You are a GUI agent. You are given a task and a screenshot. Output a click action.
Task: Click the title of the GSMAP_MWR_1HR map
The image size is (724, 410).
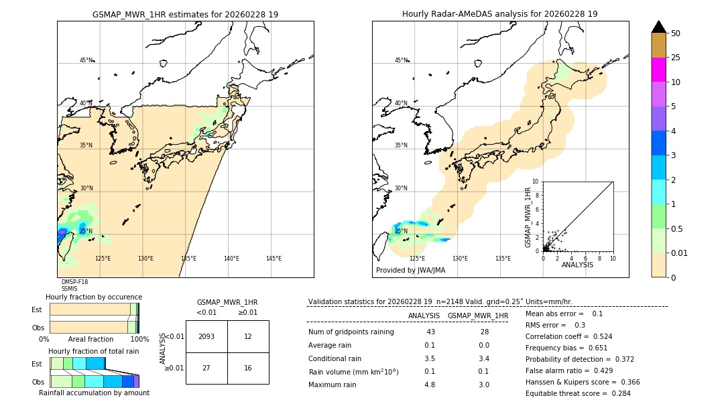[x=185, y=14]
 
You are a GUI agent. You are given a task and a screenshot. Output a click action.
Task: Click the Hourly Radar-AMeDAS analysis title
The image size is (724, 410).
[x=499, y=14]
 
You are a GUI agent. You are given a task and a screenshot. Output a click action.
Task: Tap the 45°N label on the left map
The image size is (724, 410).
[x=86, y=60]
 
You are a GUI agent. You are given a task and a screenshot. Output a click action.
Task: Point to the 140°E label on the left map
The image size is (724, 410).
[x=231, y=259]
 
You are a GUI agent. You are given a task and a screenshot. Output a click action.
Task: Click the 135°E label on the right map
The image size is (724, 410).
[x=503, y=259]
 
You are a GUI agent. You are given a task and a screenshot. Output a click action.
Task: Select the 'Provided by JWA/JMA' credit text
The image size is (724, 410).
[x=410, y=270]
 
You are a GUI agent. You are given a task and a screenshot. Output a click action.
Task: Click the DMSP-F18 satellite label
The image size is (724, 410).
[x=74, y=282]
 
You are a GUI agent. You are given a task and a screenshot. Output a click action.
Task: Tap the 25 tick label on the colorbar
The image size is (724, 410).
[x=676, y=58]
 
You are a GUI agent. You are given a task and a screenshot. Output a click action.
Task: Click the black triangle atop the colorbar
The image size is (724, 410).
[x=659, y=27]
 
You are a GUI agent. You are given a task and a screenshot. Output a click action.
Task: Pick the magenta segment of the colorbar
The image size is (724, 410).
[x=659, y=70]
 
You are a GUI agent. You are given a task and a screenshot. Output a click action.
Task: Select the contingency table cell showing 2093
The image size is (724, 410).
[x=206, y=336]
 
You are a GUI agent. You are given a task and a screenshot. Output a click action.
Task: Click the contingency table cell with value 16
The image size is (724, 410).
[x=248, y=368]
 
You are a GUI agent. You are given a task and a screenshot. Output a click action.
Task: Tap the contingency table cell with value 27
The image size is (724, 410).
[x=206, y=368]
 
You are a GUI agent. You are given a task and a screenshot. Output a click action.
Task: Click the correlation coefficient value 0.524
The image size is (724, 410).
[x=598, y=336]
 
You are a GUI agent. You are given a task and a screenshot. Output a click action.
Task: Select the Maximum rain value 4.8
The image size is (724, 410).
[x=430, y=385]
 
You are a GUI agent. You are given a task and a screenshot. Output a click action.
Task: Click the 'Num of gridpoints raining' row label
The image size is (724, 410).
[x=351, y=332]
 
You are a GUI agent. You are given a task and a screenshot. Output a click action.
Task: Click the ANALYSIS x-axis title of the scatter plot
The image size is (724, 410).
[x=577, y=265]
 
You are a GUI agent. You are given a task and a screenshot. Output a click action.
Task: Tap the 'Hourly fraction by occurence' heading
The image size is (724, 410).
[x=94, y=297]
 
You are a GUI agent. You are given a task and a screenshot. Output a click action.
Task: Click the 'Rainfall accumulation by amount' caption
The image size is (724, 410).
[x=94, y=393]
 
